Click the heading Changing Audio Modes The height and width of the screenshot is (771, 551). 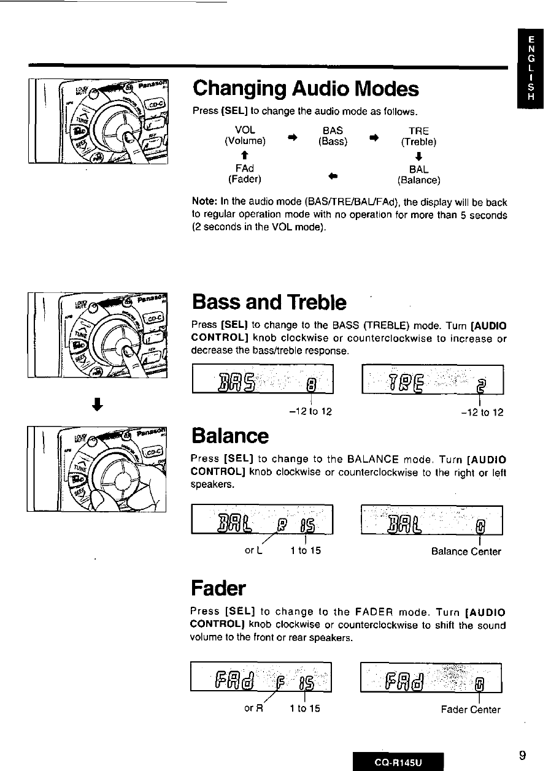(x=306, y=90)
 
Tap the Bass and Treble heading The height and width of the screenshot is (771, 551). (x=269, y=303)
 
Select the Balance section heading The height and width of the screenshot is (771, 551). (x=229, y=436)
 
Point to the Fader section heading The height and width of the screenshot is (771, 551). (x=218, y=588)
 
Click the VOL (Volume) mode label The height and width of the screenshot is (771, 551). (x=245, y=135)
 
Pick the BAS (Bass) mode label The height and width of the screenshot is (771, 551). (x=333, y=135)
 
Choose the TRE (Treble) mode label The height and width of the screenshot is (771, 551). (x=418, y=135)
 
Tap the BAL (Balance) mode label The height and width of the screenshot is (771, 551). (x=418, y=174)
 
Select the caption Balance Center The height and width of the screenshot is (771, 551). (x=466, y=552)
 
